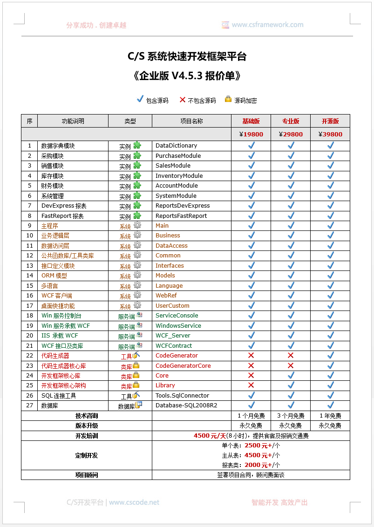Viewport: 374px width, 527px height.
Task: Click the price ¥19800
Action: (251, 134)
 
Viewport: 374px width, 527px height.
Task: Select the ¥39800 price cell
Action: (330, 134)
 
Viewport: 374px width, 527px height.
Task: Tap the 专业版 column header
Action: (291, 121)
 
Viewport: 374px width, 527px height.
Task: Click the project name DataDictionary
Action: (176, 146)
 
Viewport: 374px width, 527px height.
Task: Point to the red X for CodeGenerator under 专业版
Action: (291, 356)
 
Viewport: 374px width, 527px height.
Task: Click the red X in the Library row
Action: (251, 385)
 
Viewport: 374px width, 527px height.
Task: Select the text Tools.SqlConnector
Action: (182, 396)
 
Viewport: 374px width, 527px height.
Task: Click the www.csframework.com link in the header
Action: (267, 25)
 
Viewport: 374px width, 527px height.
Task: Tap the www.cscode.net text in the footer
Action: (134, 502)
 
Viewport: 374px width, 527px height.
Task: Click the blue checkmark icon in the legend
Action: (140, 99)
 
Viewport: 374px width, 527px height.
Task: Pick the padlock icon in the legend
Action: (228, 99)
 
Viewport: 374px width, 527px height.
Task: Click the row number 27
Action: (30, 405)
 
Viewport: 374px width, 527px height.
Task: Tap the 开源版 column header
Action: (330, 121)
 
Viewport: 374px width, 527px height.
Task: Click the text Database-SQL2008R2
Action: (186, 405)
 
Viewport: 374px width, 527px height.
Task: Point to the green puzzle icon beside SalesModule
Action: (137, 165)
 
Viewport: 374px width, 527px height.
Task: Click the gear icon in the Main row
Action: (137, 225)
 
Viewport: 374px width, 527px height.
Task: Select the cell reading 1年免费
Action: (330, 416)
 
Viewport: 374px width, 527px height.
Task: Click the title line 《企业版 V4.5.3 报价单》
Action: (187, 76)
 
